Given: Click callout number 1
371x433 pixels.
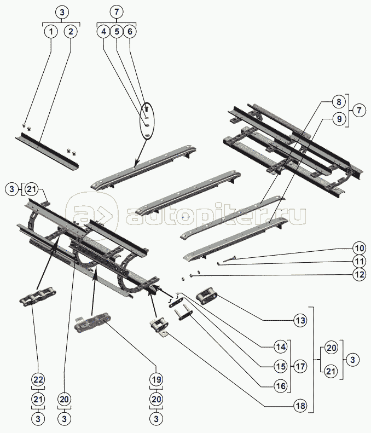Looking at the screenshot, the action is [x=51, y=32].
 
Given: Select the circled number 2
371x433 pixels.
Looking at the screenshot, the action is [x=71, y=32].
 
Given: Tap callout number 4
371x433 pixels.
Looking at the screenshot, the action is [x=104, y=32].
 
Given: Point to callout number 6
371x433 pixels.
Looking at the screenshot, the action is [x=129, y=32].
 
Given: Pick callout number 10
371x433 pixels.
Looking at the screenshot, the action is [x=358, y=246].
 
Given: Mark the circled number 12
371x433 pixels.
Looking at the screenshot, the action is [x=358, y=275].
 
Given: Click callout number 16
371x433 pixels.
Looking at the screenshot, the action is [x=281, y=386].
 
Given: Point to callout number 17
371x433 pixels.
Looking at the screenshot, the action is [x=299, y=366].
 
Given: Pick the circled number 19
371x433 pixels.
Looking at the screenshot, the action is [x=156, y=379].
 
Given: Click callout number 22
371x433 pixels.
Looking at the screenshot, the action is [x=38, y=379].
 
